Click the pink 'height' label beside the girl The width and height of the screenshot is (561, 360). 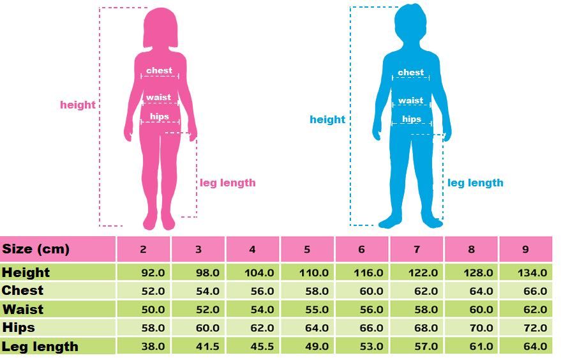(78, 105)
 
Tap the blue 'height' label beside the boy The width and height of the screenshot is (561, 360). (327, 119)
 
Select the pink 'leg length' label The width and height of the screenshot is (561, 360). (228, 183)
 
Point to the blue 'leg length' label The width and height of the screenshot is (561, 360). (475, 183)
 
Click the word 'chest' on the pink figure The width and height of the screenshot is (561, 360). (160, 71)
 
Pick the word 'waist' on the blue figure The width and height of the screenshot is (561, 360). (411, 100)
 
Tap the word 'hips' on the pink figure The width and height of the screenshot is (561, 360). (160, 117)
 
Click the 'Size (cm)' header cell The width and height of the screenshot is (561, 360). (36, 249)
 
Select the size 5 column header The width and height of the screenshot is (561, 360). (307, 250)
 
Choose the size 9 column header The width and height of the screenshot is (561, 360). (525, 250)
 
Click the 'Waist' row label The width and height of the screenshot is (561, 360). (23, 310)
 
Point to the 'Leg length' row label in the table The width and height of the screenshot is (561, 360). (40, 347)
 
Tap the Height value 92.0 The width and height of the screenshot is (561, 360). (153, 273)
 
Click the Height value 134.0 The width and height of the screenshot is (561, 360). (532, 273)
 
